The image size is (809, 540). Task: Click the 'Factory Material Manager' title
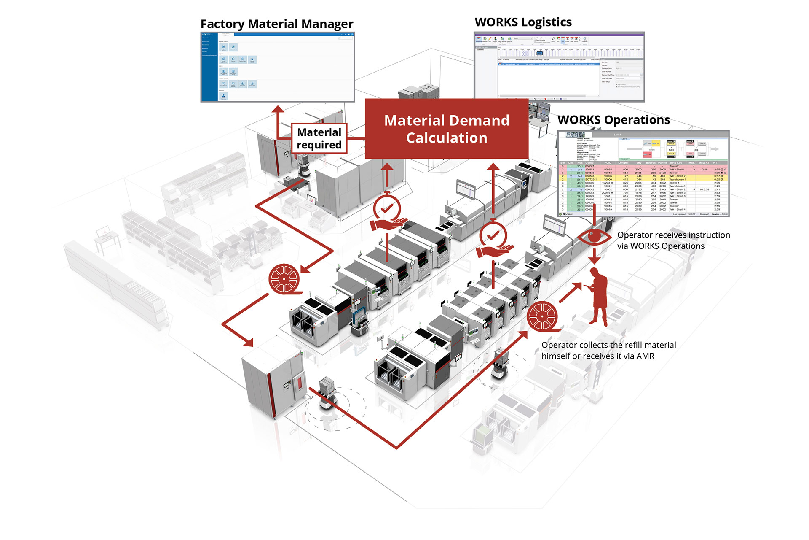pos(276,24)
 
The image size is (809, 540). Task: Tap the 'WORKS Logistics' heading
pos(523,22)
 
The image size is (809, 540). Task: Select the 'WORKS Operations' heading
pos(613,120)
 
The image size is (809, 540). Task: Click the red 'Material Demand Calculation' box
pos(446,129)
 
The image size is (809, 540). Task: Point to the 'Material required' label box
pos(319,138)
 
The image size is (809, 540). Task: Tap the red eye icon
pos(594,236)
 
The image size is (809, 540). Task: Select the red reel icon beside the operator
pos(543,316)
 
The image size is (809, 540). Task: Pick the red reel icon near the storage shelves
pos(284,279)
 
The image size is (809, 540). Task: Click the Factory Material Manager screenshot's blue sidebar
pos(209,67)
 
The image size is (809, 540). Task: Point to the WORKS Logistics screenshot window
pos(559,66)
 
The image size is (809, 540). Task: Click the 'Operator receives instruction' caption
pos(673,240)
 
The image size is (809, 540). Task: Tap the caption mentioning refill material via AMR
pos(608,351)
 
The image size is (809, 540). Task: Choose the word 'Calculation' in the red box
pos(447,138)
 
